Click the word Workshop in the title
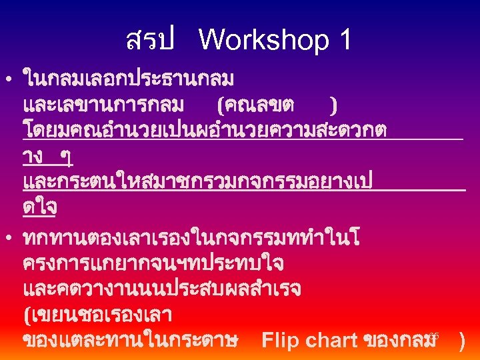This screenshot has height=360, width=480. pos(264,41)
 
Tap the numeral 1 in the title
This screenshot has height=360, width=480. pos(345,41)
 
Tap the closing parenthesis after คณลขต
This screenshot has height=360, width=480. pos(333,105)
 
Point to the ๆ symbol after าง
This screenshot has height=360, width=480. pos(67,157)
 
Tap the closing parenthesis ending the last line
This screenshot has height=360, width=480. pos(463,341)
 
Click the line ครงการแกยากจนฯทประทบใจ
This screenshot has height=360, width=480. pos(153,263)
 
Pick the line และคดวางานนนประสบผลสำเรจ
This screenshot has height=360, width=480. pos(162,289)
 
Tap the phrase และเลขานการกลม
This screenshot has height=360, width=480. pos(105,105)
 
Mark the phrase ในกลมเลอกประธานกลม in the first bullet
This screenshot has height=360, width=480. pos(128,80)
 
